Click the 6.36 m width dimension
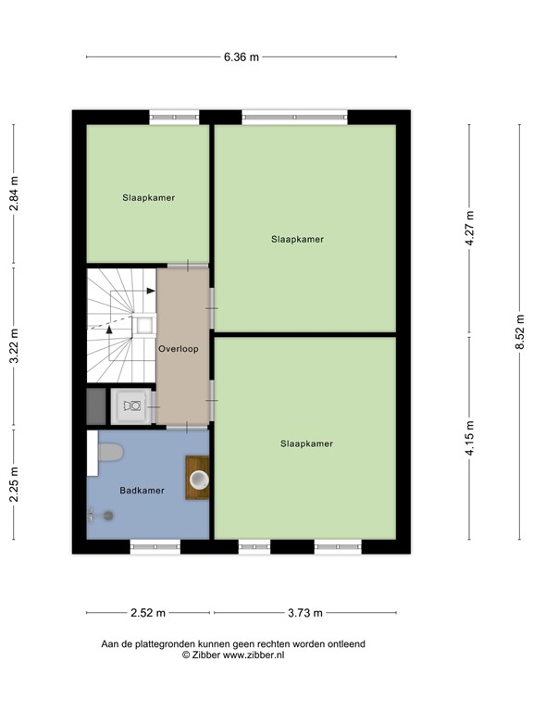(x=241, y=56)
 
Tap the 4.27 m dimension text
(x=469, y=228)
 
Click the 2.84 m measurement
(x=14, y=194)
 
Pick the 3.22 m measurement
(x=14, y=347)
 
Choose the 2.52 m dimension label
(x=148, y=612)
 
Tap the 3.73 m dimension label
(x=304, y=612)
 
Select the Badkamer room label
(x=142, y=491)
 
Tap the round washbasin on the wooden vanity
(x=198, y=479)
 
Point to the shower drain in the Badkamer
(x=109, y=516)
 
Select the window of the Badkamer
(x=155, y=547)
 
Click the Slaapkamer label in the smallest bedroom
(x=148, y=197)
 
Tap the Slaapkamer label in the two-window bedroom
(x=306, y=443)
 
